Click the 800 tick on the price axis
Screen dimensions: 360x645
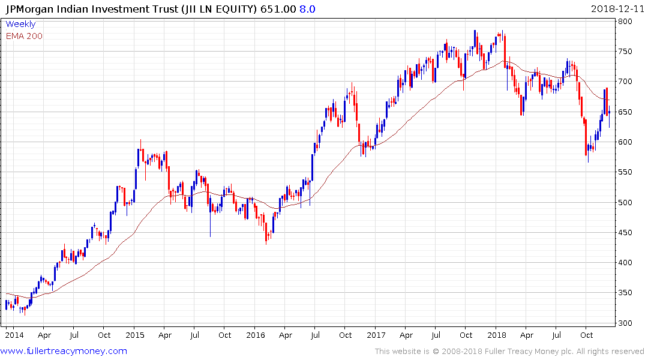(626, 22)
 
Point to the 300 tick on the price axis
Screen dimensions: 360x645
(626, 323)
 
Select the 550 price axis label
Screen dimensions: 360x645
(626, 172)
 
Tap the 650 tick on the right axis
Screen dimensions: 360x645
(626, 112)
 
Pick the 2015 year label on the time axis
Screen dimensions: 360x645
(135, 335)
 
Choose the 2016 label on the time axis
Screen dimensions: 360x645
(256, 335)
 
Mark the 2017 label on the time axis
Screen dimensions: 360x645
(376, 335)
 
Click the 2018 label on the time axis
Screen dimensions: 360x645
(497, 335)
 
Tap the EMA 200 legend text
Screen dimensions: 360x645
(24, 36)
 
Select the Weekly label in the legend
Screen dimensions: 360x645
(20, 25)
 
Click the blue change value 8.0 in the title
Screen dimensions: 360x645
(307, 9)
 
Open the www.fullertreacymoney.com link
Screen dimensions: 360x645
(64, 351)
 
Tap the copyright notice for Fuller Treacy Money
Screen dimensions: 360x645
(509, 352)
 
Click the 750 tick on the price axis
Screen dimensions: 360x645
(626, 52)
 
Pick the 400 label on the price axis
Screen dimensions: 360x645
(626, 263)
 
